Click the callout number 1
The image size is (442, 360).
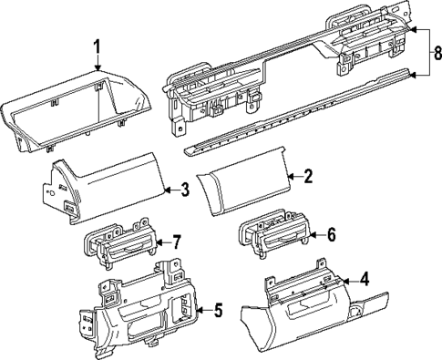pos(98,46)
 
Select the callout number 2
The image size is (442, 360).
pos(307,176)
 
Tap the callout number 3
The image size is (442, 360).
pos(185,190)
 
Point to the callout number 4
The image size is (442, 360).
pos(365,279)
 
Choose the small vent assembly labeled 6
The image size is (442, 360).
pos(273,239)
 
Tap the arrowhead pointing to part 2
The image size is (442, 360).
pos(288,176)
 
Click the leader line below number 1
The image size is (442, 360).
pos(98,62)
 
